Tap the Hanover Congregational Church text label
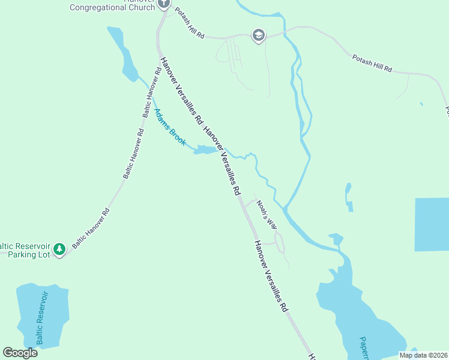112,6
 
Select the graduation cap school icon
259,36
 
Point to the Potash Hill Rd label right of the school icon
372,62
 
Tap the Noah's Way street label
267,214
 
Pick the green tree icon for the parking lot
59,248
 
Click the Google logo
20,352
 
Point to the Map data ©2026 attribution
423,355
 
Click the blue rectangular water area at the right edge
432,224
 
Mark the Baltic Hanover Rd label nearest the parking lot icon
91,228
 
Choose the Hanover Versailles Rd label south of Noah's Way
271,276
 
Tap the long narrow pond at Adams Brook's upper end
124,54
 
